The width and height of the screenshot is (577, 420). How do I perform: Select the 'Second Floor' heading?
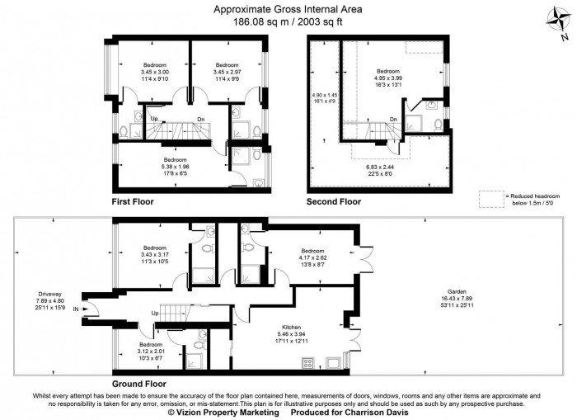tap(334, 201)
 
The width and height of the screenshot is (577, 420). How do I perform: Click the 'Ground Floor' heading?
tap(138, 385)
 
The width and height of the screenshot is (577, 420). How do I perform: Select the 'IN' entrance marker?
tap(77, 309)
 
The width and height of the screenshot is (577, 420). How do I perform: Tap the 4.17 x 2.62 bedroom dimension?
tap(313, 257)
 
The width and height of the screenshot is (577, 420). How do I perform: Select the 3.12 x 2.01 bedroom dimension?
tap(151, 352)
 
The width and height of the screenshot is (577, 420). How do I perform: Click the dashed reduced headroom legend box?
tap(493, 198)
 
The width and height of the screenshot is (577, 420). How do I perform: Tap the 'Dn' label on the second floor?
tap(393, 120)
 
